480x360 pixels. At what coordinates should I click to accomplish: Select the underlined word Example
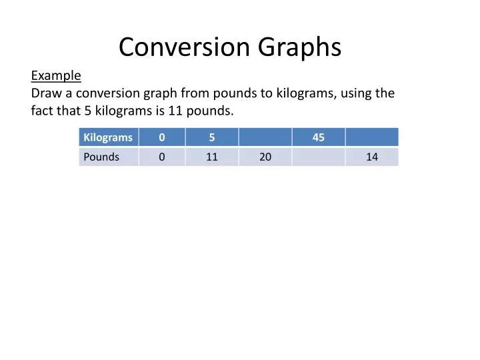pos(56,76)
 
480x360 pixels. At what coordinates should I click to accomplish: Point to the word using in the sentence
pos(358,93)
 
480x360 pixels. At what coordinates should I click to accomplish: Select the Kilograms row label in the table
pos(108,137)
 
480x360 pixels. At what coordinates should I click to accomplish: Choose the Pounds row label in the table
pos(101,157)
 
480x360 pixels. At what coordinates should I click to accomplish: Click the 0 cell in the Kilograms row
pos(162,137)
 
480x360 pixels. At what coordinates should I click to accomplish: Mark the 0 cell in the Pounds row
pos(162,157)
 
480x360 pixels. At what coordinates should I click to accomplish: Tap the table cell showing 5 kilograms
pos(212,137)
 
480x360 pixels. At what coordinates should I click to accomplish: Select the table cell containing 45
pos(319,137)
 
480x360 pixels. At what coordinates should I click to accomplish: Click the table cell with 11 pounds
pos(212,157)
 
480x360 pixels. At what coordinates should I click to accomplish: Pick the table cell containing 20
pos(265,157)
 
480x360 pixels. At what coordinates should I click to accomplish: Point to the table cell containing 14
pos(372,157)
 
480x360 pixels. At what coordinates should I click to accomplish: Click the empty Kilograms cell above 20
pos(265,137)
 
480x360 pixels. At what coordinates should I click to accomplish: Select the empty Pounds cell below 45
pos(319,157)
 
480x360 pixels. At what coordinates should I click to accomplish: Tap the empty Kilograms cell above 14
pos(372,137)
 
